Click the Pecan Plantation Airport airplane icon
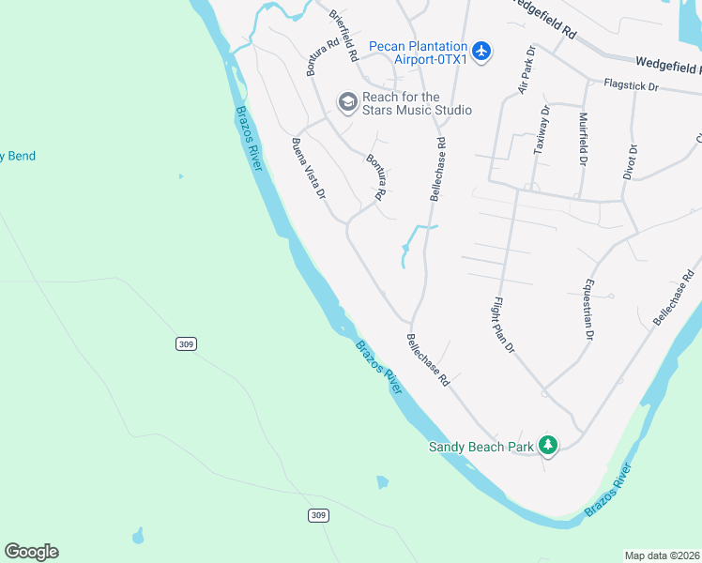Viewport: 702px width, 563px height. pos(481,51)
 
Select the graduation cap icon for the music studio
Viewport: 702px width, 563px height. pos(347,100)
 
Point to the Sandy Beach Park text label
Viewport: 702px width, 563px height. pos(481,448)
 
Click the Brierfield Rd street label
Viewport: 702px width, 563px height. pos(343,36)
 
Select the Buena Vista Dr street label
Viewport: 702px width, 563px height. pos(308,168)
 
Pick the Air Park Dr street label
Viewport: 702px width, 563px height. pos(526,70)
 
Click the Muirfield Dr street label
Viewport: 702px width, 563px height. pos(584,139)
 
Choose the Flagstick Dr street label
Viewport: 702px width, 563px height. pos(632,86)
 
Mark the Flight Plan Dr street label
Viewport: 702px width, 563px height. pos(504,325)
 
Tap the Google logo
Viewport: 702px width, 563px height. pos(31,552)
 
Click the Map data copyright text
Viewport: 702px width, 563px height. pos(662,555)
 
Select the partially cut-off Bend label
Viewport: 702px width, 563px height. pos(18,156)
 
